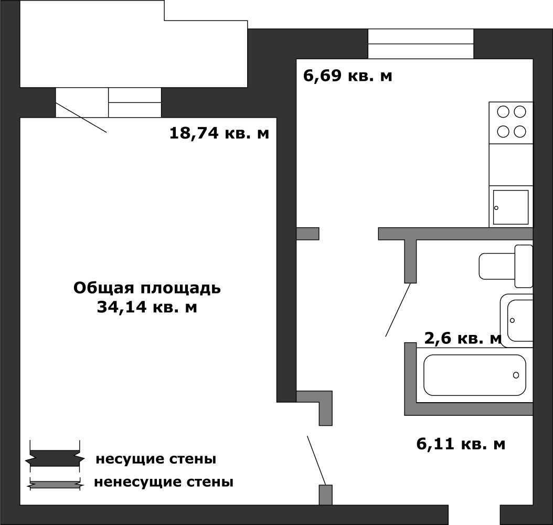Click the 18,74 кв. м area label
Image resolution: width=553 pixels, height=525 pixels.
click(x=219, y=133)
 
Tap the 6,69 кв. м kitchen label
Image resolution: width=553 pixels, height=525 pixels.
click(x=347, y=76)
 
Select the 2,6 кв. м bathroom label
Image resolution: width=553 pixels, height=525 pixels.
click(x=463, y=339)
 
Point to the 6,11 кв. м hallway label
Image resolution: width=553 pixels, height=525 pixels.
click(x=461, y=444)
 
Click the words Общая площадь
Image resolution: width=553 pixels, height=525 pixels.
click(x=147, y=288)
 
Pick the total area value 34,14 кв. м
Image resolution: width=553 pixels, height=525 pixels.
click(x=147, y=307)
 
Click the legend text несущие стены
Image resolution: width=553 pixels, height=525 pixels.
click(x=156, y=459)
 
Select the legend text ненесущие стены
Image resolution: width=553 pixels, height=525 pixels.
click(x=164, y=482)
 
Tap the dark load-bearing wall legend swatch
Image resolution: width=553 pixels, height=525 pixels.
click(x=55, y=458)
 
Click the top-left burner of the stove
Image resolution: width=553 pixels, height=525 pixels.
click(x=503, y=112)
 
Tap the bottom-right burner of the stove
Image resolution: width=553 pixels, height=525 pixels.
click(x=520, y=132)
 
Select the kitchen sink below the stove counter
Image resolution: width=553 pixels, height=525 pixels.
click(x=511, y=207)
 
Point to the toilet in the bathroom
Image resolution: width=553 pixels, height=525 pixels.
click(x=506, y=266)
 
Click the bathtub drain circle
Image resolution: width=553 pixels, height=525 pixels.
click(x=516, y=375)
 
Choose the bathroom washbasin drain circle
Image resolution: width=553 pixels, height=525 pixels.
click(x=512, y=320)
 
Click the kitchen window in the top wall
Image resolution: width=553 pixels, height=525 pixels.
click(x=421, y=44)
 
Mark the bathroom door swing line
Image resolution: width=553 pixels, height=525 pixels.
click(x=398, y=309)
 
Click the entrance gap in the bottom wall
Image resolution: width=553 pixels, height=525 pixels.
click(x=474, y=515)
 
